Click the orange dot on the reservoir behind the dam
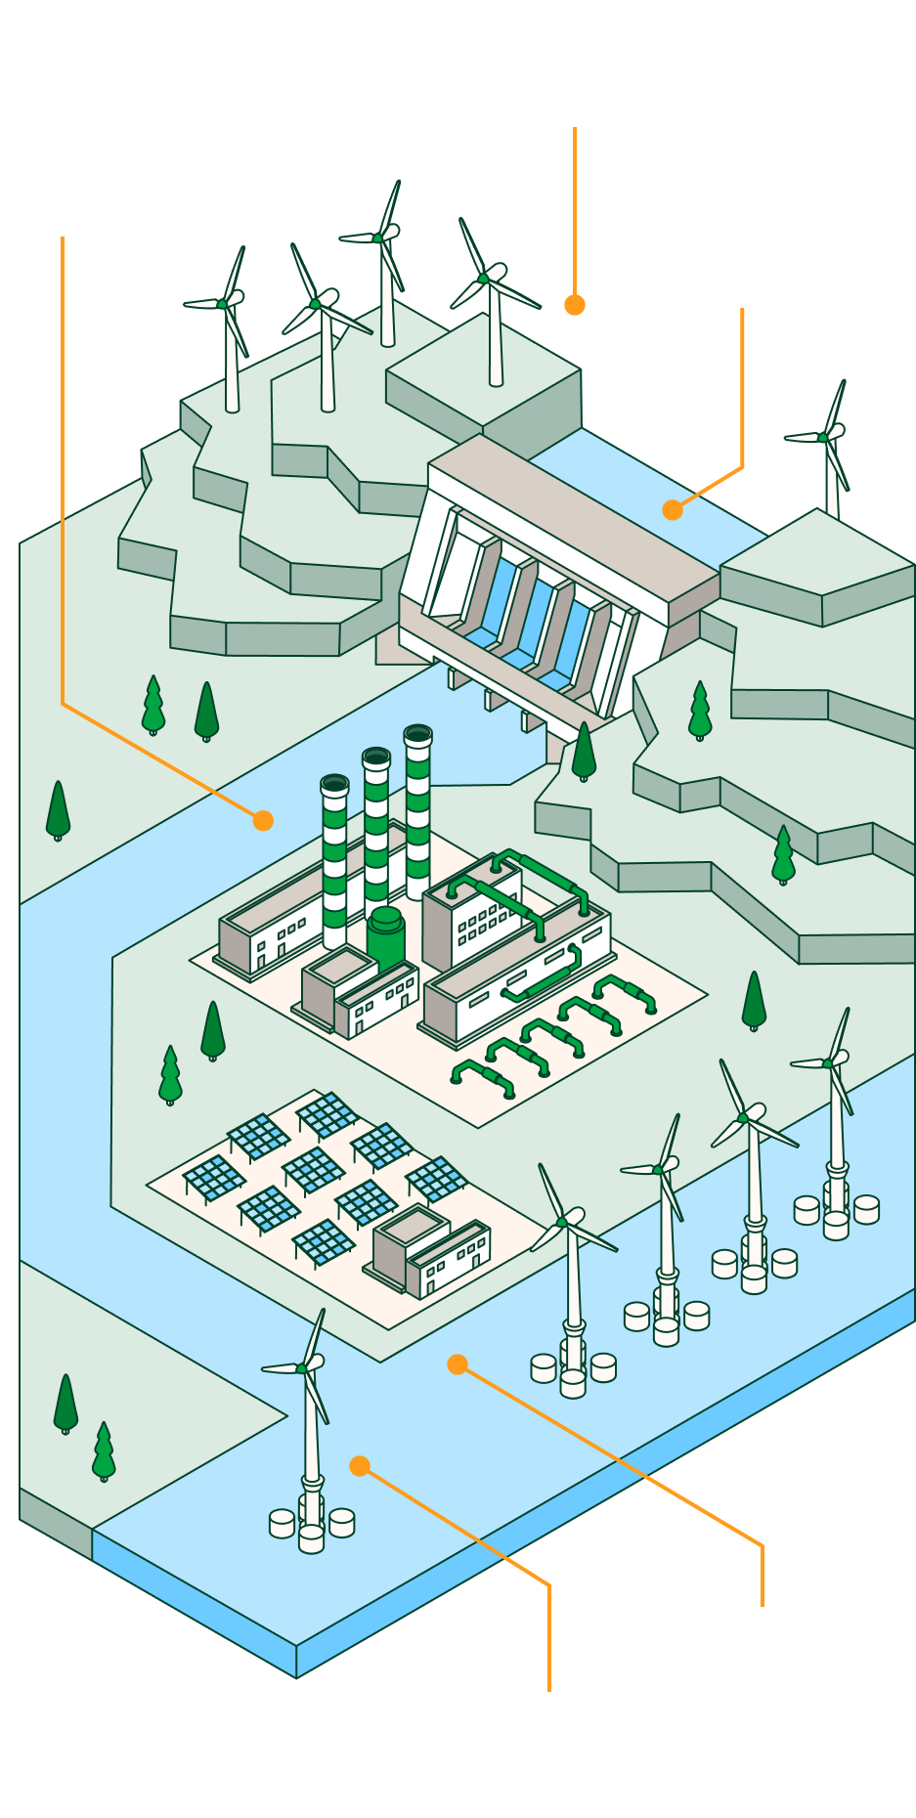coord(672,510)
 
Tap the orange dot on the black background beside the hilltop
coord(575,305)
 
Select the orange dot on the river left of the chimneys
coord(263,821)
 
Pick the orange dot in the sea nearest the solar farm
coord(458,1364)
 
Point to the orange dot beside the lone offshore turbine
coord(360,1466)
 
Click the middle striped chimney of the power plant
coord(376,831)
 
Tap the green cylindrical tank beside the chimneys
coord(386,936)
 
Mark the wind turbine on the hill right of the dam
coord(830,450)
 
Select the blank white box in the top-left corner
coord(88,143)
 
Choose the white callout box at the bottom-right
coord(767,1683)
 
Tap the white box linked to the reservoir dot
coord(751,233)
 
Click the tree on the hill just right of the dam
coord(700,712)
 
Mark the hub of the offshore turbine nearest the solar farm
coord(562,1222)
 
